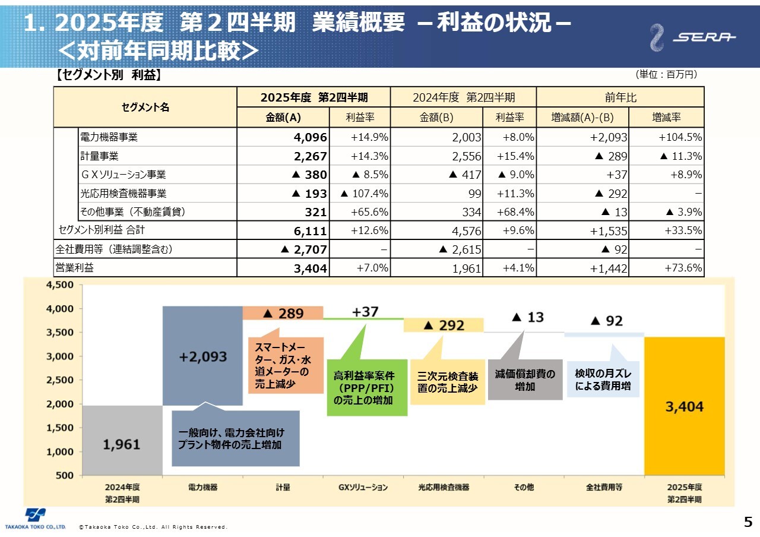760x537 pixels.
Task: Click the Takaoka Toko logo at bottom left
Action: pos(35,518)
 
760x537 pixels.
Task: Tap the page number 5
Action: pos(748,522)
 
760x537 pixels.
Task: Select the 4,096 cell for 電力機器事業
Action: pos(310,137)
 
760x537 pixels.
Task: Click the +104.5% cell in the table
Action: pos(680,137)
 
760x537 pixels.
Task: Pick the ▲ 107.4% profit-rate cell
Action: pos(365,194)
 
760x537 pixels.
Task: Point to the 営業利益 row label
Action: pos(75,268)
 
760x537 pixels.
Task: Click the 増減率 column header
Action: pos(666,118)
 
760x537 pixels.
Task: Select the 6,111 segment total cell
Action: pos(310,230)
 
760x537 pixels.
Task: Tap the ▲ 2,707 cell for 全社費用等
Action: pos(303,249)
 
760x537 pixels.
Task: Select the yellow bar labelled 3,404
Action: pos(684,406)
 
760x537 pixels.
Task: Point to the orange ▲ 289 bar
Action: pos(283,313)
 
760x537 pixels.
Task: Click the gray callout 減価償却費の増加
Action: pos(525,380)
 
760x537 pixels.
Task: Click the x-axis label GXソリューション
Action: pos(363,487)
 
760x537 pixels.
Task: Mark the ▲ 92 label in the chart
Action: pos(607,321)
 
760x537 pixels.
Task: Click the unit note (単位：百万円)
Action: pos(666,75)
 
